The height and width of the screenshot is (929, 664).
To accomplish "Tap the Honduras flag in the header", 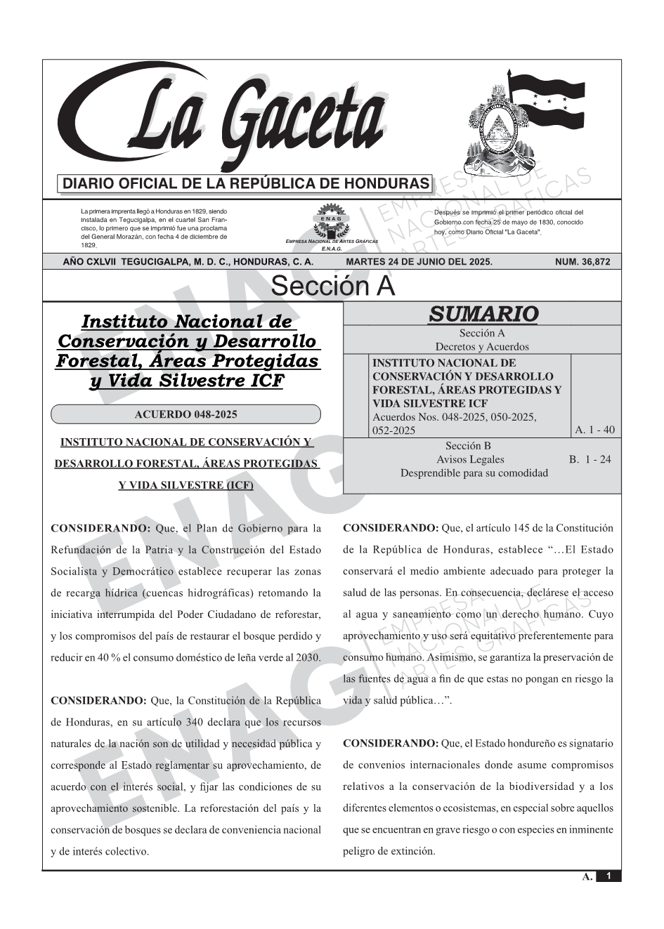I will point(545,99).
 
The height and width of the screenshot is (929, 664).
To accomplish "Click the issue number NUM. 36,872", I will point(582,262).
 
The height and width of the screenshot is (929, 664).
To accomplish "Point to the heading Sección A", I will point(332,286).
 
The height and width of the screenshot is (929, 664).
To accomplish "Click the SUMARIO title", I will point(483,314).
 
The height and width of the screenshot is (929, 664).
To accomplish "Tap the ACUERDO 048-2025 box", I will point(185,414).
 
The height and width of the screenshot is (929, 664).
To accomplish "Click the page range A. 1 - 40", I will point(594,430).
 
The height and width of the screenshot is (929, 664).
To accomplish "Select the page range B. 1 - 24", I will point(590,460).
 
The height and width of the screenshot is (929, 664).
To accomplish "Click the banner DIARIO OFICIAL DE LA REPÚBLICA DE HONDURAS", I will point(246,184).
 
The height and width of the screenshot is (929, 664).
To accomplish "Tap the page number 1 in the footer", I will point(609,876).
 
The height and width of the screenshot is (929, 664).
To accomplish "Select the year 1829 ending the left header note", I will point(88,246).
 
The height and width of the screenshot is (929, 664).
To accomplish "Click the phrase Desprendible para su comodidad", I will point(474,473).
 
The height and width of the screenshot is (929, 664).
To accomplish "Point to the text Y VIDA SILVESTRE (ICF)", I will point(185,485).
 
